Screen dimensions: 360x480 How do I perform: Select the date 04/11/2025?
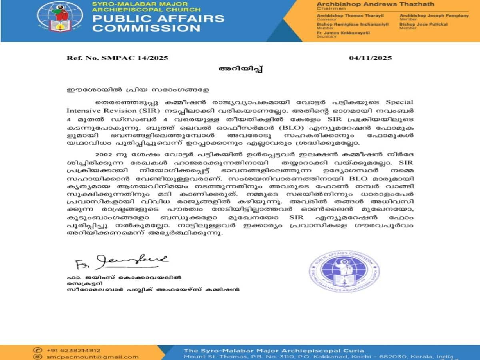coord(370,58)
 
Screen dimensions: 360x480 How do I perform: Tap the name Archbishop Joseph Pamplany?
coord(434,16)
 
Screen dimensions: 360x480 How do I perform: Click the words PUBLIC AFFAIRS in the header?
coord(158,19)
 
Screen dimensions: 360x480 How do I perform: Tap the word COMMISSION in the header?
coord(146,28)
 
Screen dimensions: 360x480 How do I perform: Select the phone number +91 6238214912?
coord(74,350)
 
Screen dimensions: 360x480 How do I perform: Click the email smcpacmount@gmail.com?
coord(92,357)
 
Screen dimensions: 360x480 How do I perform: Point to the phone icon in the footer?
coord(38,350)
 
